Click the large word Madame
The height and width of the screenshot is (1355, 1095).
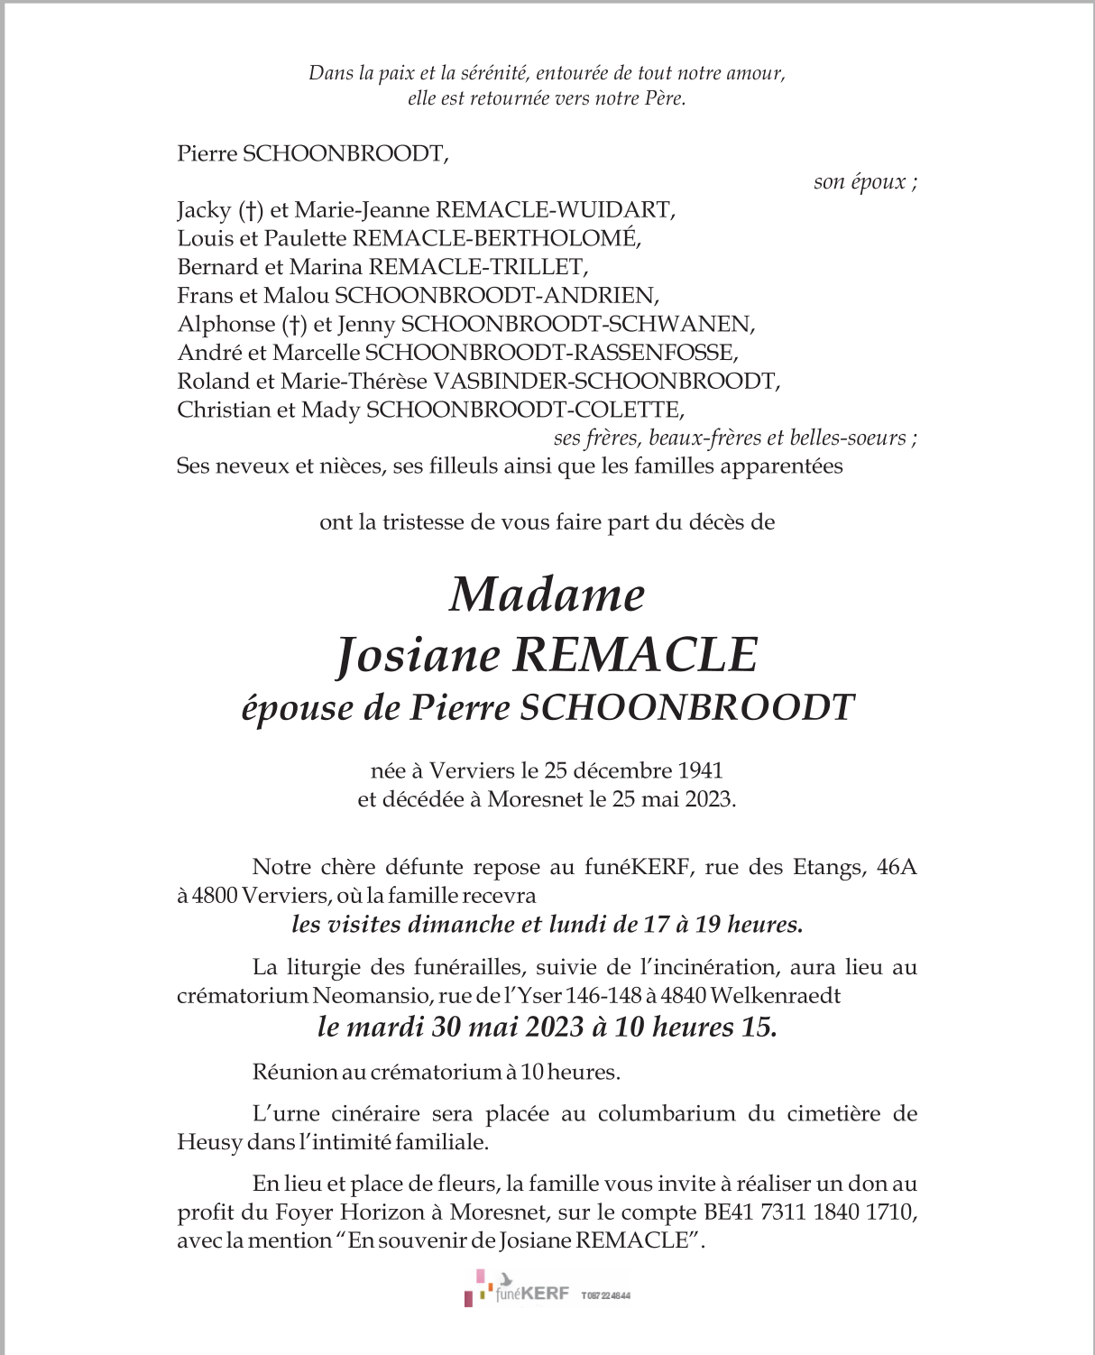pyautogui.click(x=547, y=595)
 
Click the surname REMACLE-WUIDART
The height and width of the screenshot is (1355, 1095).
pyautogui.click(x=556, y=210)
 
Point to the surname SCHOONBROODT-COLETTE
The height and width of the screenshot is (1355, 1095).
pyautogui.click(x=525, y=410)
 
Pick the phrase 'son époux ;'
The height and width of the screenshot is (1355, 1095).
pyautogui.click(x=865, y=182)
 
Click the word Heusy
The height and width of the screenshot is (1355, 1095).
pyautogui.click(x=209, y=1143)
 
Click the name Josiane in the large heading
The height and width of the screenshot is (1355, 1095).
pyautogui.click(x=418, y=655)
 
